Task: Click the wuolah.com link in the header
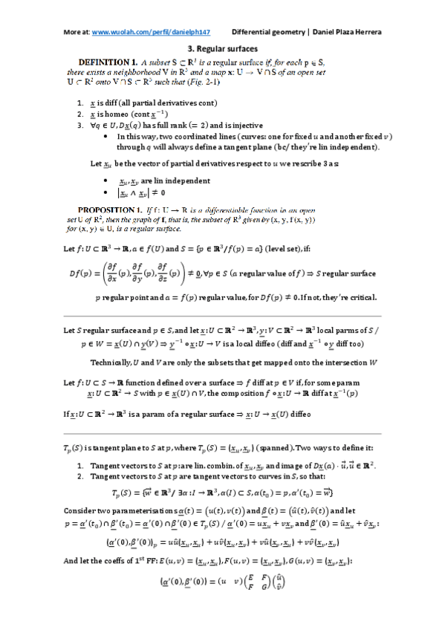152,33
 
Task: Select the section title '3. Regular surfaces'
222,48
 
